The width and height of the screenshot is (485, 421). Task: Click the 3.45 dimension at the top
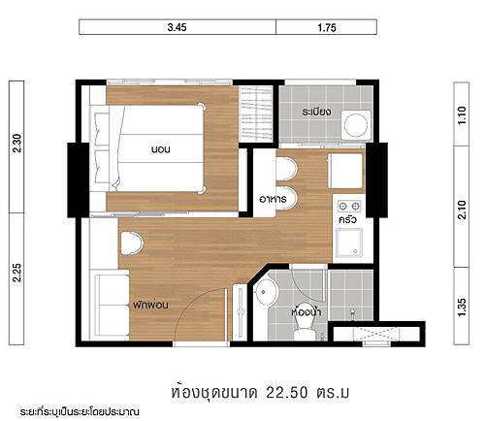coord(177,27)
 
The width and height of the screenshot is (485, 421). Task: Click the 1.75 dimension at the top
coord(327,27)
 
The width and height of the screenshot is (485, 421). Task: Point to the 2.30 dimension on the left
coord(16,144)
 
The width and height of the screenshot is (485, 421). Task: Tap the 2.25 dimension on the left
coord(16,274)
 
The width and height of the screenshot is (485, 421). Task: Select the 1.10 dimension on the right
coord(462,115)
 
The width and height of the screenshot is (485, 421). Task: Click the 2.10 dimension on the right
coord(462,210)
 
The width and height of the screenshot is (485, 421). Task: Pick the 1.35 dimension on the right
coord(462,308)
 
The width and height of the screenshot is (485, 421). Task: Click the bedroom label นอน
coord(161,149)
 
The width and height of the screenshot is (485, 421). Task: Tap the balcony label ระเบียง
coord(316,112)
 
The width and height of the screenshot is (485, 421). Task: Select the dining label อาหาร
coord(273,199)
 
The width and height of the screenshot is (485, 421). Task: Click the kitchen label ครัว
coord(347,220)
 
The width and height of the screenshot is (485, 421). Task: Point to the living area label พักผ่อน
coord(150,305)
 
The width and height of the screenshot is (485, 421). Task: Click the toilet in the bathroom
coord(305,321)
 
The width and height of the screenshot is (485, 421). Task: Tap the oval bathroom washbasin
coord(266,292)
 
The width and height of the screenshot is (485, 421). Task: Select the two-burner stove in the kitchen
coord(349,206)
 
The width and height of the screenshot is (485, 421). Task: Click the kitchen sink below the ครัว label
coord(349,242)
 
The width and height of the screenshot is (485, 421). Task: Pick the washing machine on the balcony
coord(356,125)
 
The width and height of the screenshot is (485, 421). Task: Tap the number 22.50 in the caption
coord(287,393)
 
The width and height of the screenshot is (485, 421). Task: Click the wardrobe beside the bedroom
coord(255,113)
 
